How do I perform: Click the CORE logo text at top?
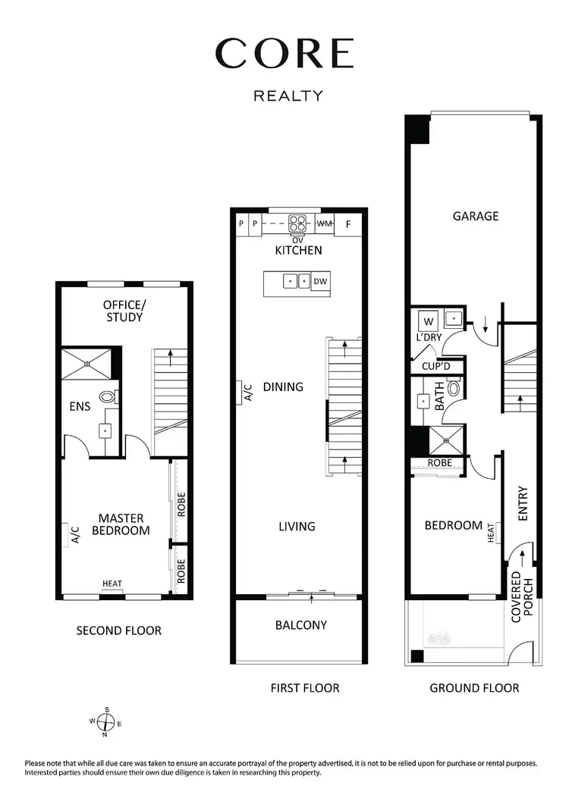pyautogui.click(x=284, y=54)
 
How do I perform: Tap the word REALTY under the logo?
pyautogui.click(x=288, y=95)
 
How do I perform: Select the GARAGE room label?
pyautogui.click(x=476, y=216)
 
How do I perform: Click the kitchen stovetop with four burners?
pyautogui.click(x=297, y=224)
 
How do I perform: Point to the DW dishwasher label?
pyautogui.click(x=320, y=281)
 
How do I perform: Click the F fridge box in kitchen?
pyautogui.click(x=349, y=224)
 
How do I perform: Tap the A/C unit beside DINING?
pyautogui.click(x=247, y=392)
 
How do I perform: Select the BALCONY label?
pyautogui.click(x=300, y=625)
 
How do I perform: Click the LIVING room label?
pyautogui.click(x=297, y=526)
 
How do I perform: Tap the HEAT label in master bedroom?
pyautogui.click(x=112, y=583)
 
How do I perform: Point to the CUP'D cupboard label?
pyautogui.click(x=437, y=367)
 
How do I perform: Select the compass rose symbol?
pyautogui.click(x=107, y=721)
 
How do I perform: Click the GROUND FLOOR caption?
pyautogui.click(x=474, y=688)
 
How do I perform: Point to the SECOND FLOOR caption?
pyautogui.click(x=119, y=630)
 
